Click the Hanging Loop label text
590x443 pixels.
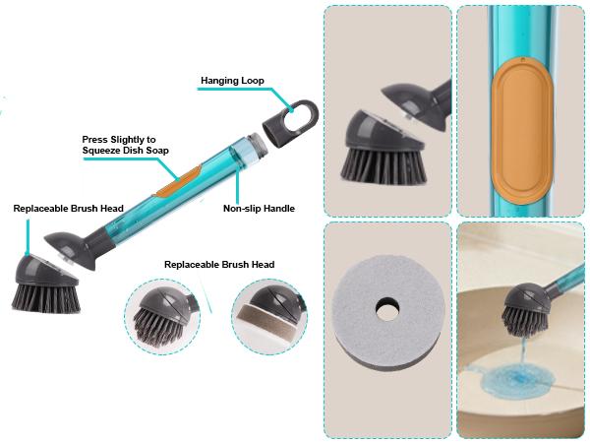(232, 80)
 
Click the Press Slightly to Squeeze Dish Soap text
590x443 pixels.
(126, 145)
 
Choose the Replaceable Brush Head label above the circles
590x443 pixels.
(218, 264)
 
